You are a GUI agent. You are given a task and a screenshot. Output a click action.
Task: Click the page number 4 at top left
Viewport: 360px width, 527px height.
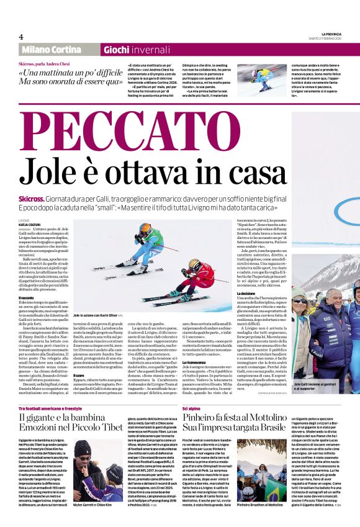21,37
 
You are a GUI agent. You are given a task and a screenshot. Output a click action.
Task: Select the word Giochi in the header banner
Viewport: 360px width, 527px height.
116,50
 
